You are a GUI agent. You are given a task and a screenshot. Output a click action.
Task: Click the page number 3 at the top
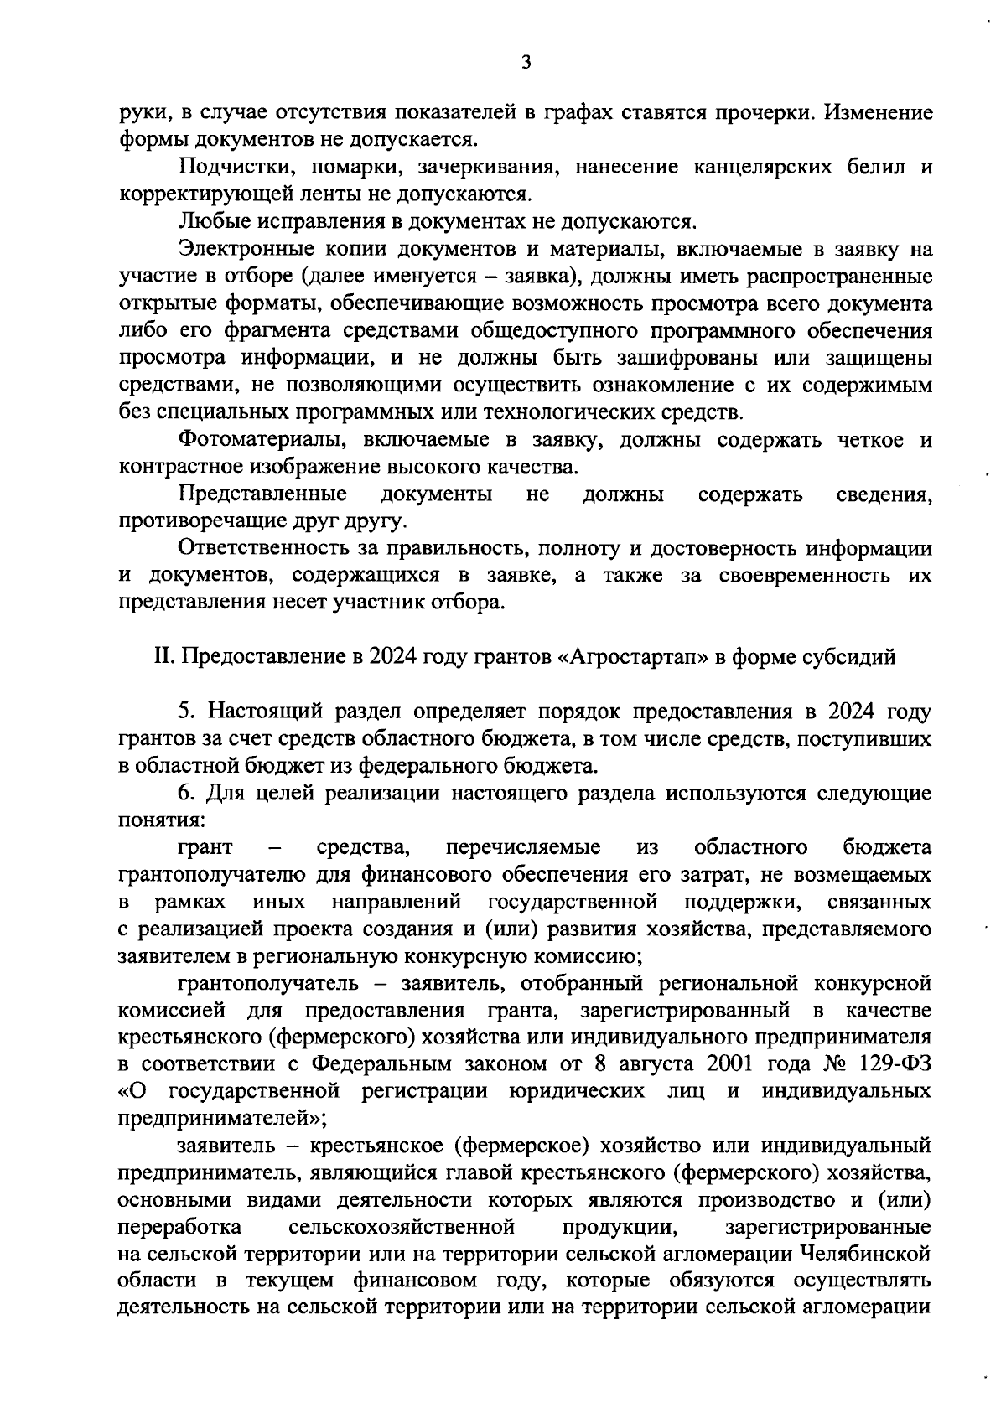click(526, 64)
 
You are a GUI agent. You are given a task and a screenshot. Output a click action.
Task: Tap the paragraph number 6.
click(185, 793)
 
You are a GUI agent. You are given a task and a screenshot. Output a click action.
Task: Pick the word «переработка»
click(180, 1227)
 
